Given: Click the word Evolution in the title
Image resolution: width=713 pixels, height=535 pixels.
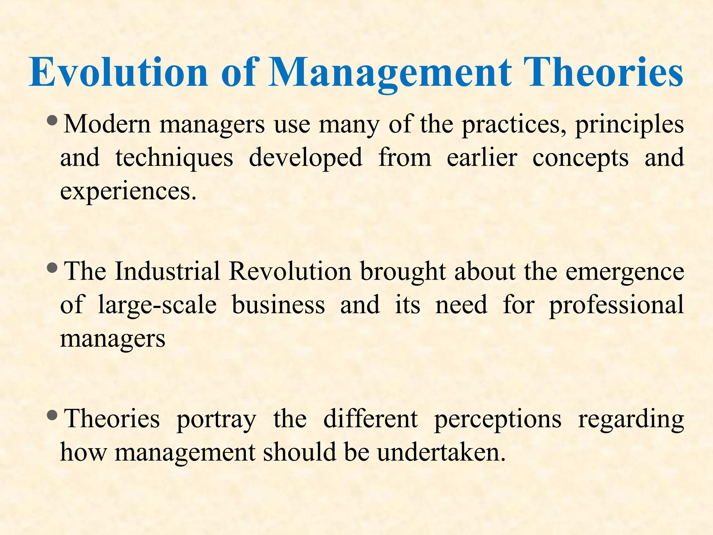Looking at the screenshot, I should (x=119, y=72).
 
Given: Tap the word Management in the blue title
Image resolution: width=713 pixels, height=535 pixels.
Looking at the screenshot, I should (x=390, y=72).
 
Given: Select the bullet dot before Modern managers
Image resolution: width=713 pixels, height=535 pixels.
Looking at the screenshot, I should (x=53, y=121).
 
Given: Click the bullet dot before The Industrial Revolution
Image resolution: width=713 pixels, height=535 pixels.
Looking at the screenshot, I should (x=53, y=268).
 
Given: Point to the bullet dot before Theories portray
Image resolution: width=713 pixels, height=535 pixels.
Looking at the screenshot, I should (x=53, y=415).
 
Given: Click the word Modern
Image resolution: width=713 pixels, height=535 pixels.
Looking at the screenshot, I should (x=108, y=124).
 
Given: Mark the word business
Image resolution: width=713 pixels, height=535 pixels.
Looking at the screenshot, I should (x=278, y=305).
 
